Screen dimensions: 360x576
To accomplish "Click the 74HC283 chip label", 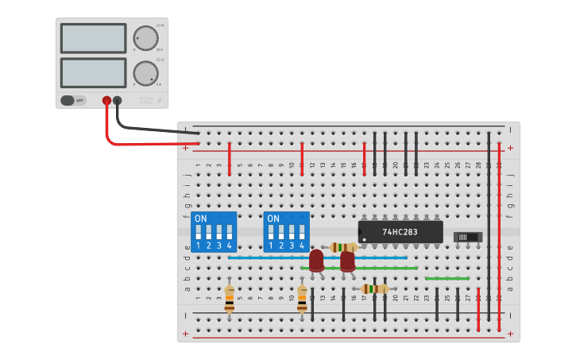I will tap(400, 232).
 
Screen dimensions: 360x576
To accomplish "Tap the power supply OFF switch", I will tap(72, 100).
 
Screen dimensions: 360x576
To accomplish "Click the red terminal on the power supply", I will tap(106, 101).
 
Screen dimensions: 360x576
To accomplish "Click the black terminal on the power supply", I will tap(118, 101).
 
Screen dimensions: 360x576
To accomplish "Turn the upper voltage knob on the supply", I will tap(145, 38).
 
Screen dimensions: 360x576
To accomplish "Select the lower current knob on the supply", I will tap(145, 73).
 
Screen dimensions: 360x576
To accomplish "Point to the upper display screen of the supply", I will tap(93, 38).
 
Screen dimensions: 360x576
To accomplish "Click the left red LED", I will tap(316, 261).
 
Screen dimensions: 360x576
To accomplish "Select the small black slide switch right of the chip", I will tap(468, 237).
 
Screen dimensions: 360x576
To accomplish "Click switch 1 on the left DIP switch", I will tap(198, 233).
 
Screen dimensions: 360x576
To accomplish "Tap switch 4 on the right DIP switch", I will tap(302, 233).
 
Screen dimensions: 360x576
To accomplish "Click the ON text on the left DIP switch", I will tap(200, 219).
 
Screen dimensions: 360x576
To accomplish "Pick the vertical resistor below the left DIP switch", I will tap(230, 299).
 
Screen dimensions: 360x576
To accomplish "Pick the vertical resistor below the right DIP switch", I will tap(302, 299).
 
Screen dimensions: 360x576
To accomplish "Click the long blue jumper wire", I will tap(318, 257).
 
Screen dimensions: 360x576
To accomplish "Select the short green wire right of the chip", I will tap(446, 278).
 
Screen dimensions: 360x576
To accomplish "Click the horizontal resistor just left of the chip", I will tap(344, 247).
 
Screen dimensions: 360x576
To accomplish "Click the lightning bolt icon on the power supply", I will tap(161, 100).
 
